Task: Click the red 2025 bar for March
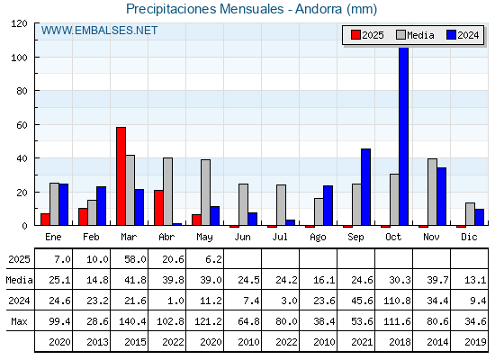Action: [121, 176]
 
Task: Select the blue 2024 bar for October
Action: [404, 136]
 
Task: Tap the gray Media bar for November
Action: [432, 192]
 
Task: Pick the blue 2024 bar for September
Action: [365, 187]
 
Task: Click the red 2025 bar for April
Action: [158, 208]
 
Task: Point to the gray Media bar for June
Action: [243, 204]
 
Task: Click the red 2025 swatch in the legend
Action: [355, 35]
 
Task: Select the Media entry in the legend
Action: [415, 35]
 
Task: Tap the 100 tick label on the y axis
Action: [21, 58]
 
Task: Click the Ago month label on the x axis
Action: [318, 238]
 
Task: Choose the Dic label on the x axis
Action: [469, 237]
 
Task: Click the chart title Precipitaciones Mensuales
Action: [205, 9]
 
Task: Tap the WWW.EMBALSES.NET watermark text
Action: [99, 31]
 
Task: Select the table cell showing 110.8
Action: [397, 301]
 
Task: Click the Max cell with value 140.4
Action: [132, 321]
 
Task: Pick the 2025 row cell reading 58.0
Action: [135, 259]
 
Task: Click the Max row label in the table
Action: [19, 321]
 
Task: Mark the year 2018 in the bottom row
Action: [400, 342]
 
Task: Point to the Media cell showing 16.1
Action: [324, 280]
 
